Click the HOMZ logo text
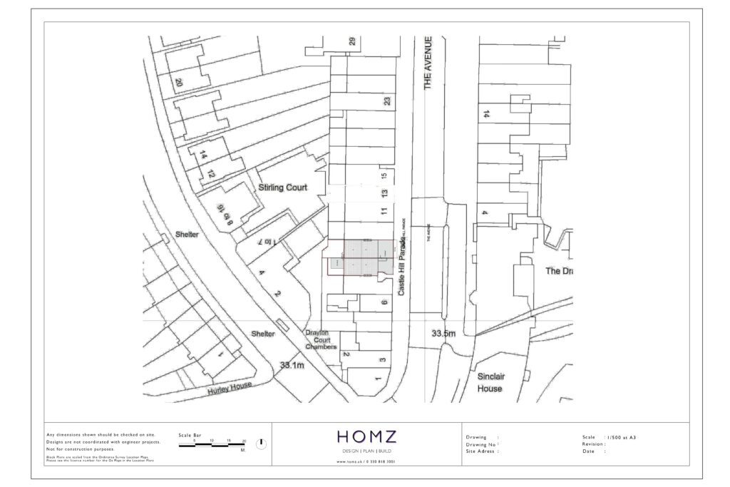pyautogui.click(x=366, y=437)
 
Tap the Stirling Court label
pyautogui.click(x=283, y=188)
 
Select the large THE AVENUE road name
pyautogui.click(x=428, y=63)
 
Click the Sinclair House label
pyautogui.click(x=490, y=382)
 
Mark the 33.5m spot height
pyautogui.click(x=443, y=333)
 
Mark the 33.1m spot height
pyautogui.click(x=292, y=365)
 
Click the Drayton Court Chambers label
pyautogui.click(x=321, y=339)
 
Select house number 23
pyautogui.click(x=387, y=102)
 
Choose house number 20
pyautogui.click(x=178, y=83)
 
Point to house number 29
pyautogui.click(x=351, y=41)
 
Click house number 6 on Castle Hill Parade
pyautogui.click(x=384, y=303)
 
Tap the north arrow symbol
pyautogui.click(x=262, y=443)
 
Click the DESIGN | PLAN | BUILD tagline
pyautogui.click(x=366, y=452)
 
